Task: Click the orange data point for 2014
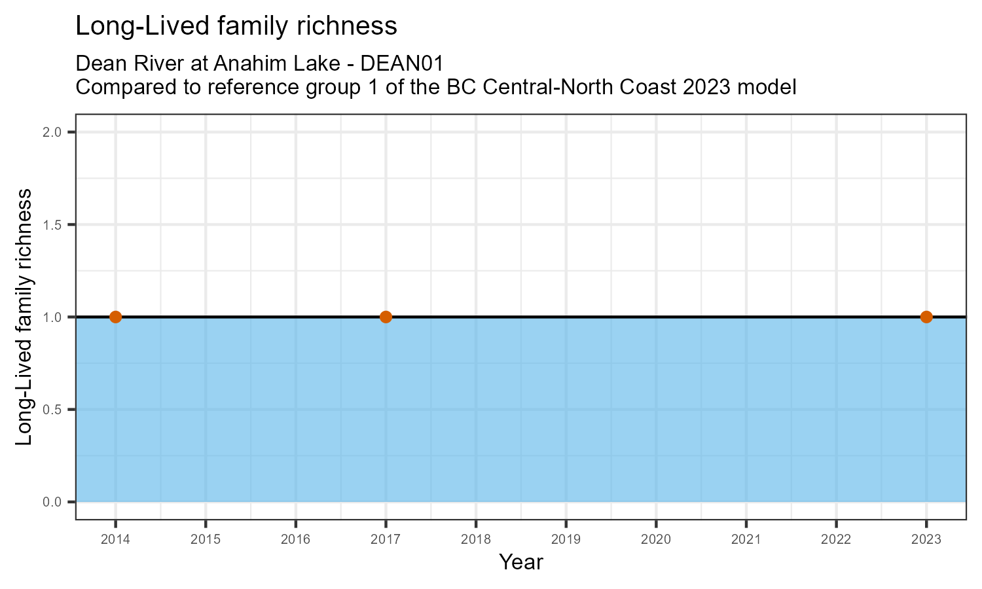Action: click(x=115, y=317)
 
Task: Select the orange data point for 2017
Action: click(x=386, y=317)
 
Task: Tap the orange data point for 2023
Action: click(x=926, y=317)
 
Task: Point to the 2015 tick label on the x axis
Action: click(x=206, y=540)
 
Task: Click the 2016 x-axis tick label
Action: click(x=295, y=540)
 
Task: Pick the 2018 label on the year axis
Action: click(x=476, y=540)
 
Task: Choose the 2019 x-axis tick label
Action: click(x=566, y=540)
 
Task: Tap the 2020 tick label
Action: click(x=656, y=540)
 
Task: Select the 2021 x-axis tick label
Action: click(x=746, y=540)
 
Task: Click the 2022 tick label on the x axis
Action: click(x=836, y=540)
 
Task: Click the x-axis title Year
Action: click(x=521, y=562)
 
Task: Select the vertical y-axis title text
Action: click(x=24, y=317)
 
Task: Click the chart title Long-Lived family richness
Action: click(x=236, y=26)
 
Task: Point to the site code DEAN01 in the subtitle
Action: click(x=402, y=63)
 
